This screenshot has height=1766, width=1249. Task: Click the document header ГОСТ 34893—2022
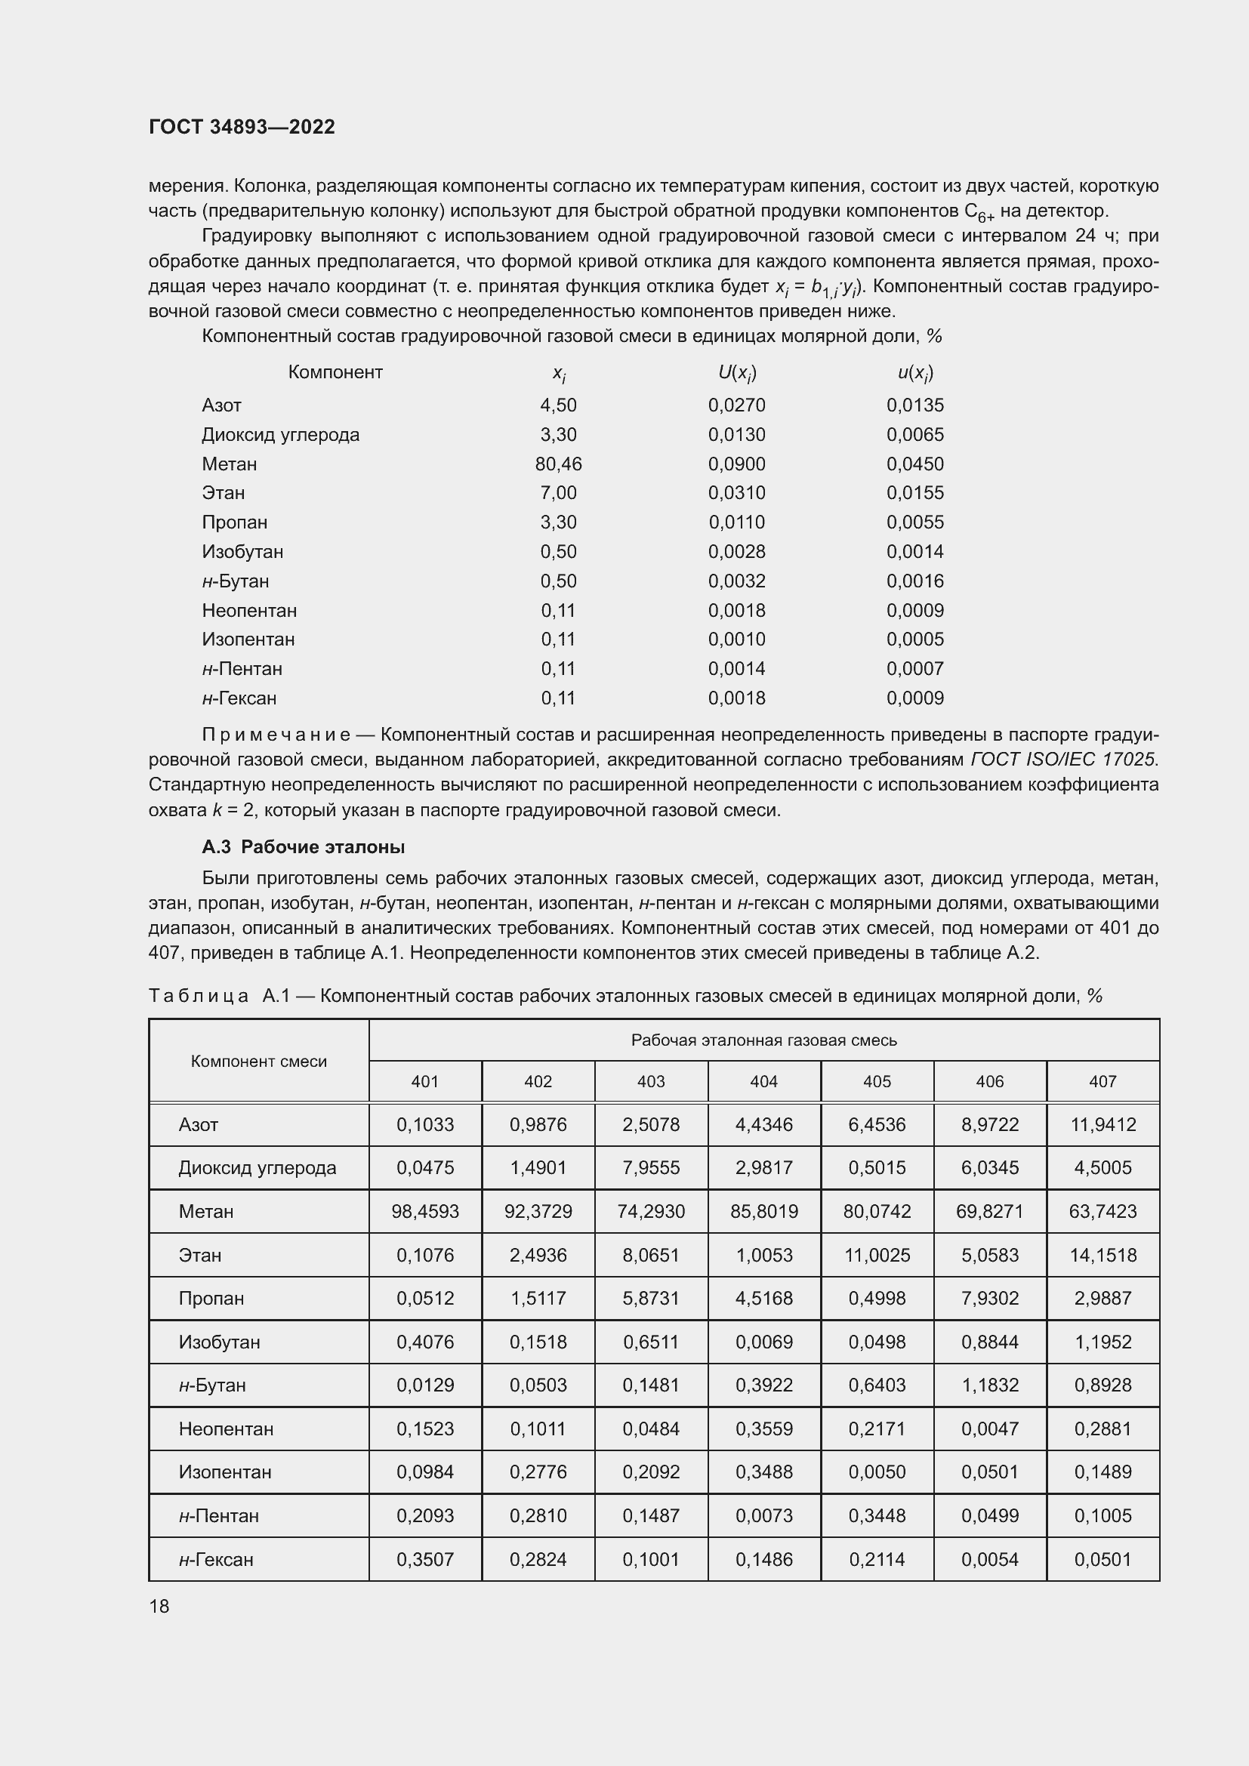(242, 127)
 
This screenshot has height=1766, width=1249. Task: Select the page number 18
(159, 1606)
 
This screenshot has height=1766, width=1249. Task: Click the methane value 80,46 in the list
(558, 464)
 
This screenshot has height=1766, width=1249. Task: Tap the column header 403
(651, 1081)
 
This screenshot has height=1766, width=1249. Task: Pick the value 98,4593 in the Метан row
(424, 1211)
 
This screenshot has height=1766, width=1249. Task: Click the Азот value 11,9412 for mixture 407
(1102, 1124)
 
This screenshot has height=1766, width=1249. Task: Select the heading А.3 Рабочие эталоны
(303, 847)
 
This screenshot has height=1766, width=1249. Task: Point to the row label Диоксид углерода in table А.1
(257, 1167)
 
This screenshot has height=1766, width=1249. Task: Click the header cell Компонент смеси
(258, 1062)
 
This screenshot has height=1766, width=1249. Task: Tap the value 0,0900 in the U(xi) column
(736, 464)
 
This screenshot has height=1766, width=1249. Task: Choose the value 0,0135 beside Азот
(914, 405)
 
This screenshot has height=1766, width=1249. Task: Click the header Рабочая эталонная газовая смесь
(763, 1040)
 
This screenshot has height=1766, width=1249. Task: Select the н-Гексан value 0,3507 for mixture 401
(424, 1559)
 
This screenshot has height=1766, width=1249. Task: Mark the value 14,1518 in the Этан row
(1102, 1256)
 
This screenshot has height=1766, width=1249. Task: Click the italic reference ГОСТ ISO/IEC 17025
(1063, 760)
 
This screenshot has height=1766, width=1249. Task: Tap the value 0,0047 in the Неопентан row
(989, 1429)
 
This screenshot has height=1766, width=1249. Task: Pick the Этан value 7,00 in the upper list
(558, 493)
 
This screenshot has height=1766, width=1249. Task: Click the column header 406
(989, 1081)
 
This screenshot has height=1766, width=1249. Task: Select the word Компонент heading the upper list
(335, 372)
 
